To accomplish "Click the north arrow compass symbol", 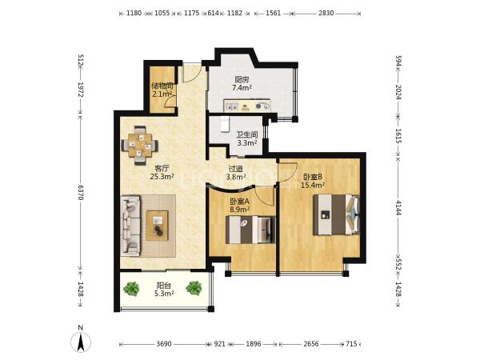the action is point(81,342).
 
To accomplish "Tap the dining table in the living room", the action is point(140,145).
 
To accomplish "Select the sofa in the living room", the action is point(130,226).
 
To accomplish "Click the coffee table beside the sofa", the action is point(157,226).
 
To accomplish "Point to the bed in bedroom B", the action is point(336,214).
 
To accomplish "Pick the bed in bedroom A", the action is point(250,230).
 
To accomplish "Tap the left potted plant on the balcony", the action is point(131,289).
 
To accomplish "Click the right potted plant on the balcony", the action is point(194,288).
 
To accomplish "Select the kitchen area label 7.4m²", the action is point(242,88).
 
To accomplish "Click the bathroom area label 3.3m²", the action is point(247,142).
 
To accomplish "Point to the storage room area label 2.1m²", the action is point(162,94).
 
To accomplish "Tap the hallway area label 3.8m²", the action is point(236,177).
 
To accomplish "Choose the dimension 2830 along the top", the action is point(326,13).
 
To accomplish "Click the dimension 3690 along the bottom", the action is point(164,344).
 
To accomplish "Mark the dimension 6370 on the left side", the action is point(81,192).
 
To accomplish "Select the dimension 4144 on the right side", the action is point(398,208).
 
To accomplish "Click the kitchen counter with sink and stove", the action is point(246,105).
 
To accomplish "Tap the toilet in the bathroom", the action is point(225,124).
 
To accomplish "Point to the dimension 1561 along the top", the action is point(274,13).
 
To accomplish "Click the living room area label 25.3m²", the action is point(162,176).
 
